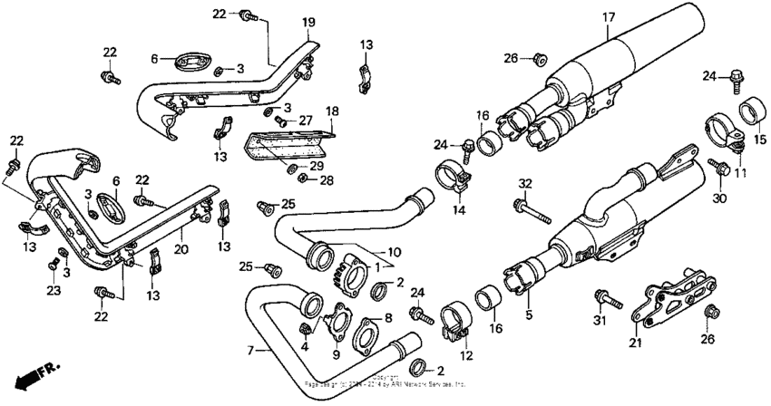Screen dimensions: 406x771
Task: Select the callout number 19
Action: [x=283, y=21]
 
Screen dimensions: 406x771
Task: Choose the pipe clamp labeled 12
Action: [x=453, y=324]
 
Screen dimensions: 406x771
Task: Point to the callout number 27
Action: [x=305, y=119]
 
